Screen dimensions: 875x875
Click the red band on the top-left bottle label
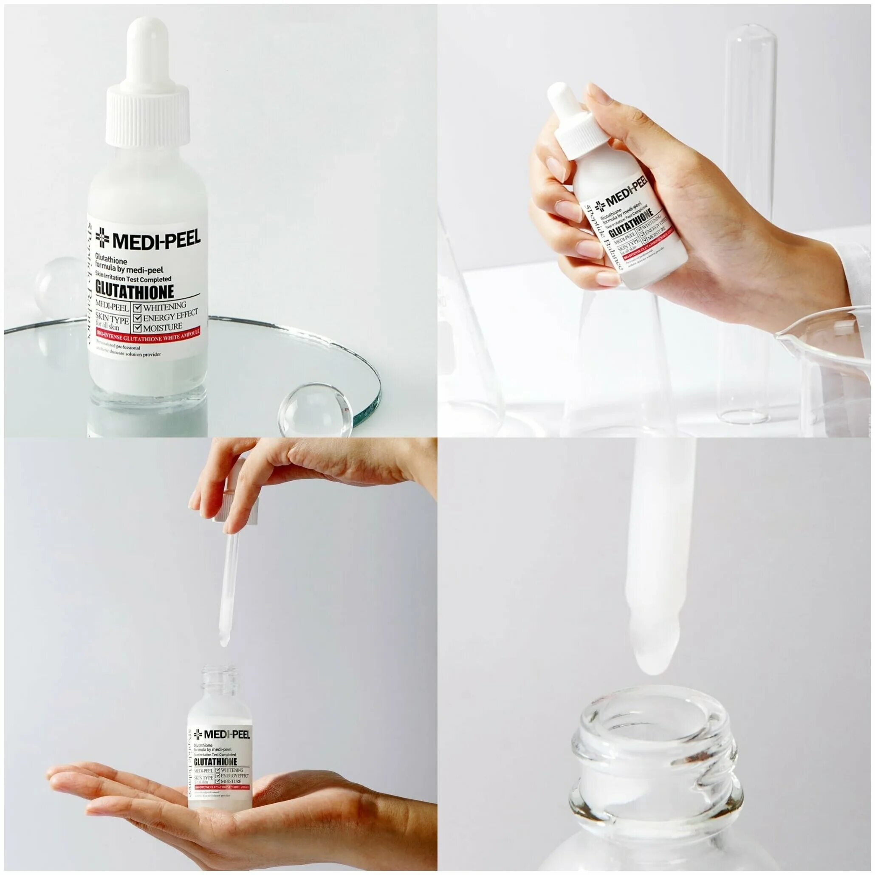[x=147, y=338]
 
